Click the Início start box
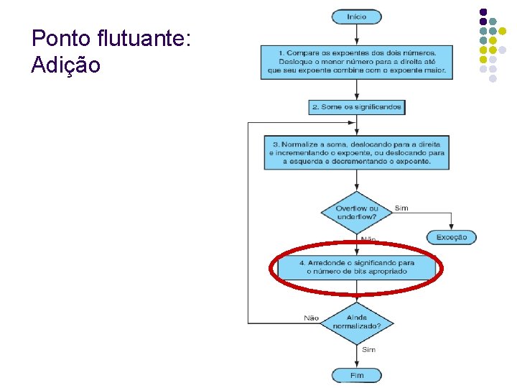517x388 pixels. [356, 17]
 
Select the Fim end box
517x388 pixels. [356, 375]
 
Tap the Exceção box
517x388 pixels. [451, 237]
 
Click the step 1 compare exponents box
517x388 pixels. [356, 63]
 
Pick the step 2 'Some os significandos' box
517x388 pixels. [356, 107]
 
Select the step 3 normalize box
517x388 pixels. [356, 152]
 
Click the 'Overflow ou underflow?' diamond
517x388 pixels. [356, 213]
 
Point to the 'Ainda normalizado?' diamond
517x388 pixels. [356, 320]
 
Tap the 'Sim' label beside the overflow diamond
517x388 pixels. [401, 208]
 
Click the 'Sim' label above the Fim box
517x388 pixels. [368, 350]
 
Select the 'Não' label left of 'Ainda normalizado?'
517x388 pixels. [311, 318]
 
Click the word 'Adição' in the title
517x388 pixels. [66, 65]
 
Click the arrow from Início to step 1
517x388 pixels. [356, 34]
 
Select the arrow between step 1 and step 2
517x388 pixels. [356, 89]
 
